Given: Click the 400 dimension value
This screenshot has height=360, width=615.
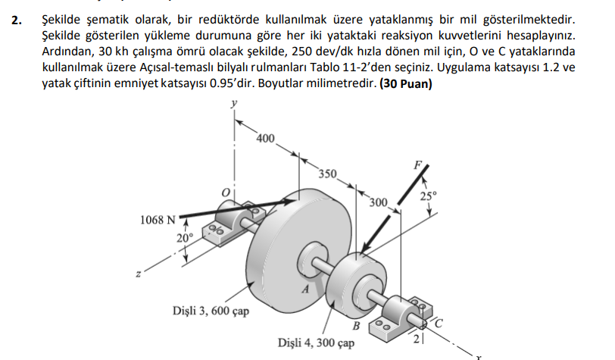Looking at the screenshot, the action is (x=266, y=139).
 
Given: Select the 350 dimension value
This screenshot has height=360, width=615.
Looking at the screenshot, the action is (x=327, y=174).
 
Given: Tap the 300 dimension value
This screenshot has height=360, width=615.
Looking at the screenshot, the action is (x=379, y=202).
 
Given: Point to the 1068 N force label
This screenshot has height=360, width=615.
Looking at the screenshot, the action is (x=158, y=220).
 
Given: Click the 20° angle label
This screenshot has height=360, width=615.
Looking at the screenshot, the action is (x=185, y=238).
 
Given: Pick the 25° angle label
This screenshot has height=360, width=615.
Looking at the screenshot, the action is (x=429, y=196).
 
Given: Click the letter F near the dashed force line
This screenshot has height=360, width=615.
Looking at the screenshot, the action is (x=418, y=165).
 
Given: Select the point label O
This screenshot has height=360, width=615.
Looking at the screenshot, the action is (x=226, y=193).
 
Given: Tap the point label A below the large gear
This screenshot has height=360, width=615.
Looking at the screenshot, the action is (x=305, y=290).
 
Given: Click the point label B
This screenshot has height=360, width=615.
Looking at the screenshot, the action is (x=356, y=326).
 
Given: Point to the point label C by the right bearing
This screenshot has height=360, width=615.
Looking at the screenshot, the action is (x=439, y=324).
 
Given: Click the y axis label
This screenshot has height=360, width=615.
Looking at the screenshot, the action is (x=234, y=103).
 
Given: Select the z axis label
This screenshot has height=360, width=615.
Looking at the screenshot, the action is (x=138, y=274).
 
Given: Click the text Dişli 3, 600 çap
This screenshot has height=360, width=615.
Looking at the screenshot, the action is (x=211, y=311).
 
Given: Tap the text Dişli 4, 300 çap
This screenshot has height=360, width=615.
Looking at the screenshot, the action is (x=316, y=343).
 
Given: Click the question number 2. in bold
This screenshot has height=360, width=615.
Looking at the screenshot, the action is (x=17, y=20).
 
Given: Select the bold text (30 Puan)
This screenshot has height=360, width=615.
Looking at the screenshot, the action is (x=405, y=83).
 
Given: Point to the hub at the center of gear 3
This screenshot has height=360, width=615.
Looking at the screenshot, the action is (x=313, y=258).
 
